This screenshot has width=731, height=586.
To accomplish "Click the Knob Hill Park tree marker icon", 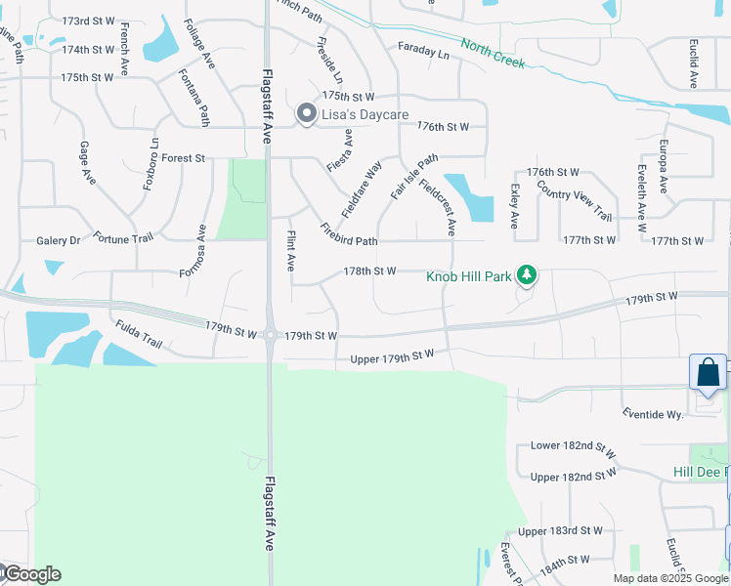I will [x=527, y=275].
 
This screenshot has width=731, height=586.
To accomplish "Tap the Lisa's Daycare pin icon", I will [x=306, y=115].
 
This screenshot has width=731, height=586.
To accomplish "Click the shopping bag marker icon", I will [x=708, y=373].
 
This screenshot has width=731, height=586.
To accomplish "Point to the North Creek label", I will [x=494, y=55].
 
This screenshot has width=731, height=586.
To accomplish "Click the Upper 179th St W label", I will [x=391, y=358].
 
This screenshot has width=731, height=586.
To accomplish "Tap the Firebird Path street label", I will [x=348, y=235].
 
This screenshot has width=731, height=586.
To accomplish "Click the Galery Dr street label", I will [x=58, y=240].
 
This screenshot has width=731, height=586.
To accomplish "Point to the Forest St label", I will [x=183, y=158].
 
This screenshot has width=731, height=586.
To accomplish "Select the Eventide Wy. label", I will [x=652, y=414].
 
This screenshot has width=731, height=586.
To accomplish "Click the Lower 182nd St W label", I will [x=573, y=447].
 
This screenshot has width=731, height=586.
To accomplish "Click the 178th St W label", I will [x=368, y=271].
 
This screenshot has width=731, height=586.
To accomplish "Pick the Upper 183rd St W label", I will [x=560, y=531].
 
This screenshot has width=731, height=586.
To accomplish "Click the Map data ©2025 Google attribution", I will [x=669, y=578].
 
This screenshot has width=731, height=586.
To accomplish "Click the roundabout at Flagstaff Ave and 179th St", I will [x=270, y=335].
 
